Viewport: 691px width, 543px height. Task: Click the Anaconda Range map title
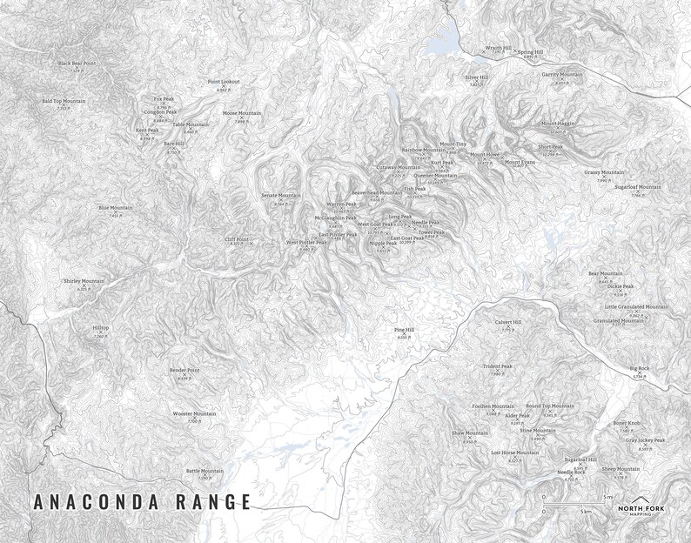pyautogui.click(x=142, y=502)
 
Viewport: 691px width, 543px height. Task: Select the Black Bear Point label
pyautogui.click(x=77, y=64)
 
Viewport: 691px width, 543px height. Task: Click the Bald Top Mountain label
pyautogui.click(x=64, y=101)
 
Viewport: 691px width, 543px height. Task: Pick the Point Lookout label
pyautogui.click(x=224, y=82)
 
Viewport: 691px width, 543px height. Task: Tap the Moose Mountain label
pyautogui.click(x=241, y=113)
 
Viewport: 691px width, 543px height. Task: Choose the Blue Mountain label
pyautogui.click(x=115, y=208)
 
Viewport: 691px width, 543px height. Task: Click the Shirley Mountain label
pyautogui.click(x=83, y=282)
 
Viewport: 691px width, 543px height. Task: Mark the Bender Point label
pyautogui.click(x=184, y=371)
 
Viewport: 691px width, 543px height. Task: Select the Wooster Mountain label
pyautogui.click(x=194, y=413)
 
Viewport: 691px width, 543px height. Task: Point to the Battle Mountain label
pyautogui.click(x=205, y=471)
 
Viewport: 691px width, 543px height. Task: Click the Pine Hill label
pyautogui.click(x=404, y=330)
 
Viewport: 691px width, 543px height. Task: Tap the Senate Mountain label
pyautogui.click(x=280, y=196)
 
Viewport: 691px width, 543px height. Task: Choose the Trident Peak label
pyautogui.click(x=498, y=366)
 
